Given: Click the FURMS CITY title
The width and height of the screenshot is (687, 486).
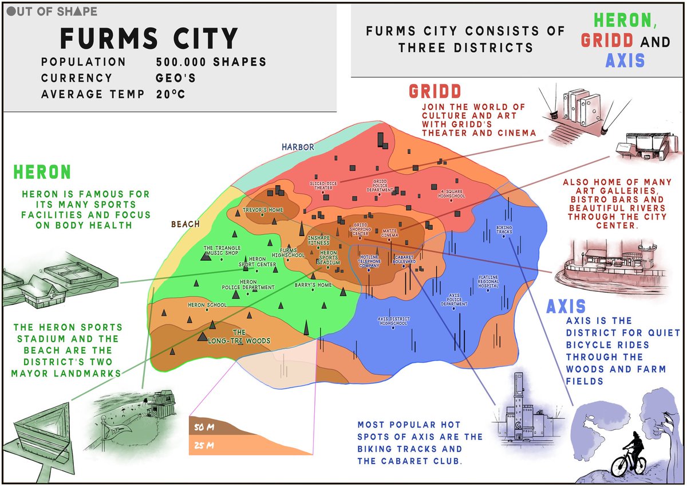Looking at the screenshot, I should point(149,38).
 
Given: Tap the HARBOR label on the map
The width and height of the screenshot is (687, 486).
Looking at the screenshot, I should point(298,147).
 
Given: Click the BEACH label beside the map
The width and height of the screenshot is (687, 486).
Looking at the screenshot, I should point(185,224).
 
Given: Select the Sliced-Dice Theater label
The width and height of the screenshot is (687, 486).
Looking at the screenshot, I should point(322,186).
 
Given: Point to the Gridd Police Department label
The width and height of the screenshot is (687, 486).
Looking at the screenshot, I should point(381,186).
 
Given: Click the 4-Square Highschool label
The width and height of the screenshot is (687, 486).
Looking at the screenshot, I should point(452,194).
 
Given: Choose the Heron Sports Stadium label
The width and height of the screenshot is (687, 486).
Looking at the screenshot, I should point(329,258).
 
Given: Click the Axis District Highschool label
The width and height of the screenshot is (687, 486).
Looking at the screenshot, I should point(392,321).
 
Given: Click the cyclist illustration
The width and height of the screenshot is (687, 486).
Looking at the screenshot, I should point(630,456).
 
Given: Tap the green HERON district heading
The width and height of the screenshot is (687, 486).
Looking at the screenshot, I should point(42,172).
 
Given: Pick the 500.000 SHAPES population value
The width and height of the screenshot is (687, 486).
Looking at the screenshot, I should point(211,62).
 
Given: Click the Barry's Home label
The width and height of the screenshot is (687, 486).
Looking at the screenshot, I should point(313,285).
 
